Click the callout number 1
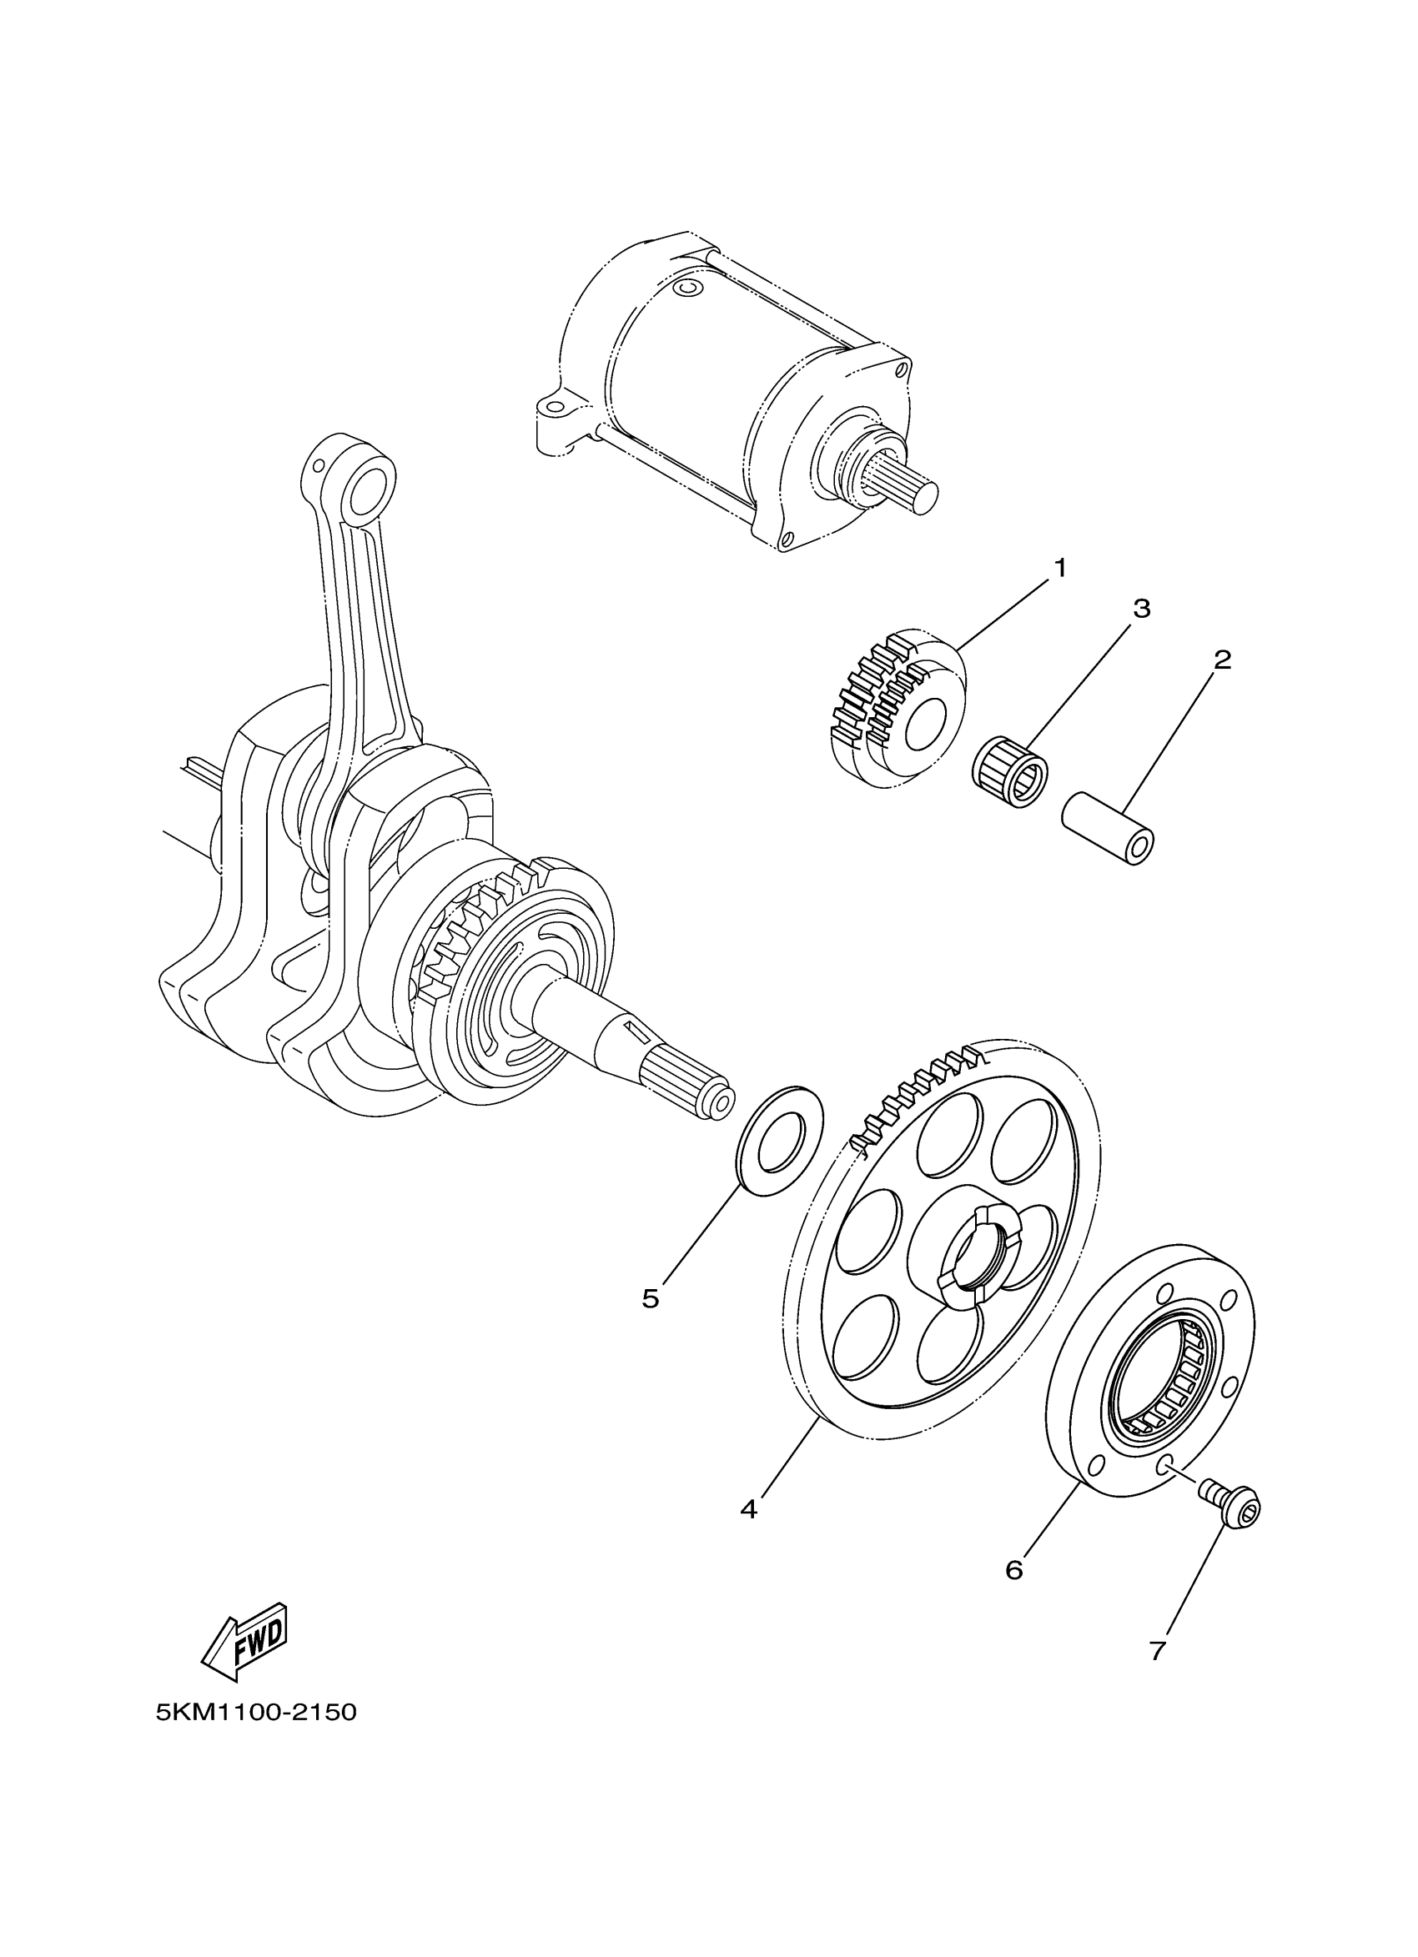tap(1060, 569)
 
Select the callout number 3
tap(1141, 610)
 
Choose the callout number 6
tap(1014, 1569)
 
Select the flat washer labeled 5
tap(780, 1141)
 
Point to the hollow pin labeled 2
tap(1109, 826)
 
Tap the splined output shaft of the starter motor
tap(906, 489)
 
